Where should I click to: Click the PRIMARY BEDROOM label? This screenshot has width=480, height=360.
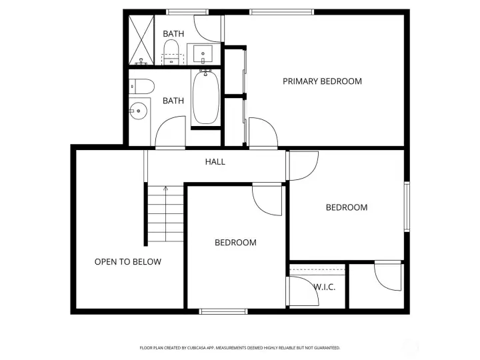click(x=322, y=81)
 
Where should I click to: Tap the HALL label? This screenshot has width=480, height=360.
click(x=215, y=161)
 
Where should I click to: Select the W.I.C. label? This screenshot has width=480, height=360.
click(x=324, y=287)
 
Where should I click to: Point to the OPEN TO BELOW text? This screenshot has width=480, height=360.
click(x=127, y=261)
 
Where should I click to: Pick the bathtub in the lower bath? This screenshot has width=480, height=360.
click(x=205, y=98)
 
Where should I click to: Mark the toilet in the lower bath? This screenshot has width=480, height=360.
click(x=141, y=85)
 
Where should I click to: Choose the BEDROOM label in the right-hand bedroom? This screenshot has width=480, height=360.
click(x=346, y=207)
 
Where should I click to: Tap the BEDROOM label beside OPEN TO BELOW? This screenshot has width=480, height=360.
click(x=235, y=242)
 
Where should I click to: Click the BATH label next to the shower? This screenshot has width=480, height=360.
click(x=173, y=33)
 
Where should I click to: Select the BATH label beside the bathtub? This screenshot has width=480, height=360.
click(x=173, y=101)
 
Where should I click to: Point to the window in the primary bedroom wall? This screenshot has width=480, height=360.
click(x=281, y=11)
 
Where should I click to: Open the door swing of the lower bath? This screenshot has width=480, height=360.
click(x=171, y=131)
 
